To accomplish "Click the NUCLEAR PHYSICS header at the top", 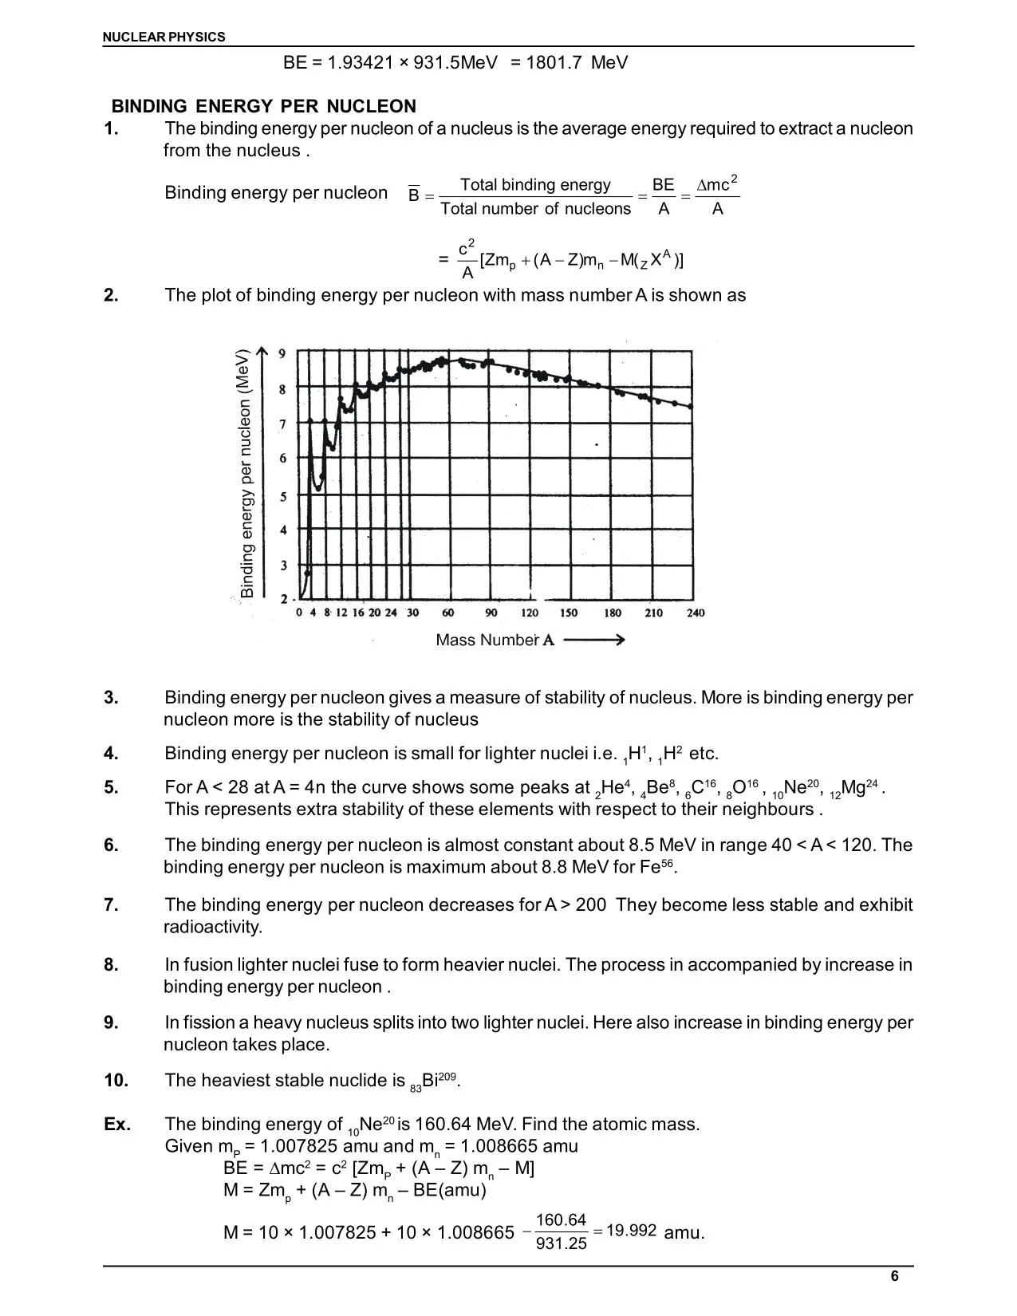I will tap(164, 37).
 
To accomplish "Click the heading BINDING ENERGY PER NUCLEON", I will tap(263, 106).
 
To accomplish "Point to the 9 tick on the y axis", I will tap(282, 353).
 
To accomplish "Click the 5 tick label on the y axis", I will tap(282, 496).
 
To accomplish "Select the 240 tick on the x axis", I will tap(695, 613).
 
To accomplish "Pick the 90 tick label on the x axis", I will tap(491, 613).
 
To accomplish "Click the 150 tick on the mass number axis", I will tap(568, 613).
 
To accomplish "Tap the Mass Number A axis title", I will tap(495, 640).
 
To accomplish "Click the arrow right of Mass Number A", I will tap(593, 640).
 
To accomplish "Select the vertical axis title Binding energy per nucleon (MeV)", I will tap(246, 473).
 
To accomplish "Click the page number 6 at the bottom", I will tap(894, 1276).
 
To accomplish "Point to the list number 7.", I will tap(111, 904).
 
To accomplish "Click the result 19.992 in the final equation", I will tap(631, 1230).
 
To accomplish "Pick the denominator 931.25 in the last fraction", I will tap(561, 1243).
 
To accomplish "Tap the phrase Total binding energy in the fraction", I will tap(535, 185).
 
